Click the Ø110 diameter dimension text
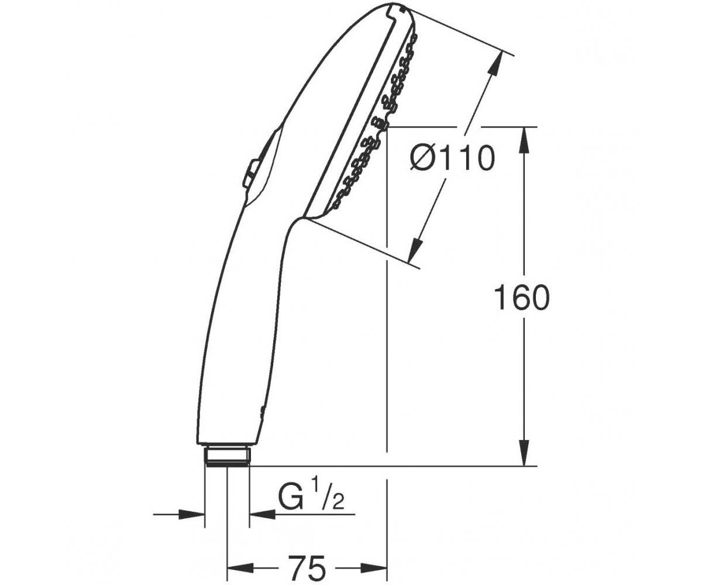(452, 159)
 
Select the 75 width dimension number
(307, 559)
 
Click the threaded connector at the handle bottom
(228, 456)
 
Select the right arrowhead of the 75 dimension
(375, 560)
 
